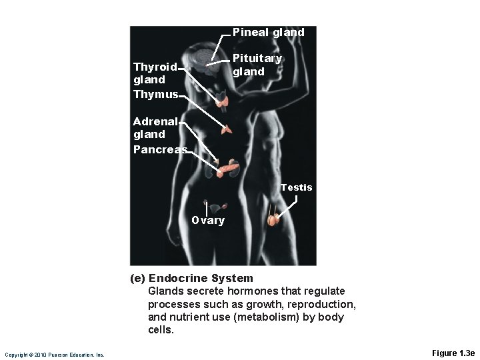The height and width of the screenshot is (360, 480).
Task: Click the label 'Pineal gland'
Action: click(268, 32)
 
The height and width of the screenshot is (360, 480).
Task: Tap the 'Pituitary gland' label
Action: click(257, 65)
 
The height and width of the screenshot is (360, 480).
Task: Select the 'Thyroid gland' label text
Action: click(155, 73)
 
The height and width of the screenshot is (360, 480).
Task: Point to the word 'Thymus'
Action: click(155, 95)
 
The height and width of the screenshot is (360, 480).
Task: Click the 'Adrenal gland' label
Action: click(155, 127)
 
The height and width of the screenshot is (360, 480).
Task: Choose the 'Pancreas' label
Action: click(160, 149)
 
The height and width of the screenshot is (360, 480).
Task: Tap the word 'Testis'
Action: click(296, 187)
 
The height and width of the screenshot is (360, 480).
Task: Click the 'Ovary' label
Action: click(208, 221)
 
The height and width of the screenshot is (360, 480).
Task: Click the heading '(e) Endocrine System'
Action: click(191, 278)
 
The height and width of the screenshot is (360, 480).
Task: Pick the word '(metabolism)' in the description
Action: click(264, 317)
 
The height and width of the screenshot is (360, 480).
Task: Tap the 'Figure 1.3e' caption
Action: click(453, 353)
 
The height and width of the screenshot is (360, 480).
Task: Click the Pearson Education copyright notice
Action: click(54, 355)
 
